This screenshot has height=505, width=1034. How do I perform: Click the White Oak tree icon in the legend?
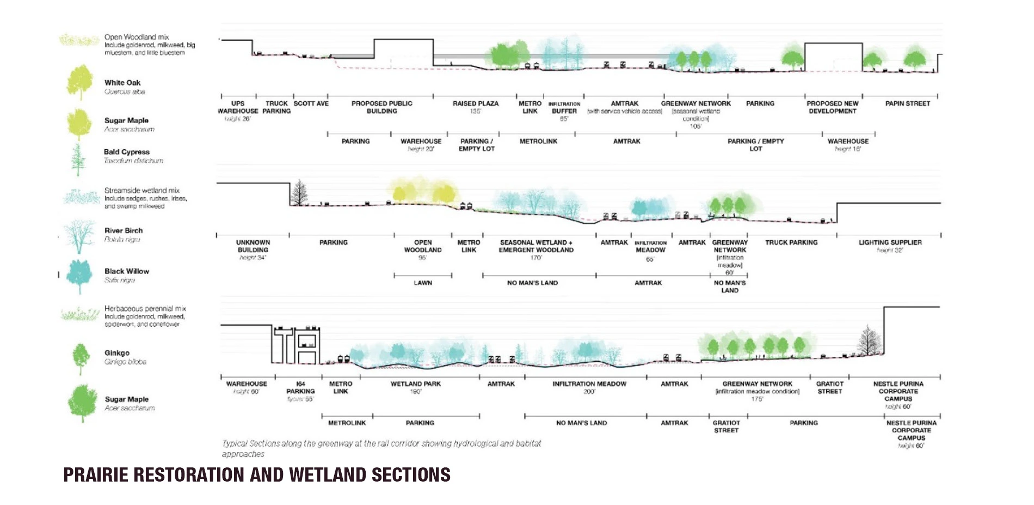click(79, 82)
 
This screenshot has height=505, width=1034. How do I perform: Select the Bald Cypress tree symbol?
click(78, 159)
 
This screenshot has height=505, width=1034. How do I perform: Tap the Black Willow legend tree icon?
click(79, 276)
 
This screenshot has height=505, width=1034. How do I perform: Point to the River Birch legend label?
click(124, 231)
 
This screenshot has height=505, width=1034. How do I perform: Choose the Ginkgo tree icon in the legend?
click(81, 358)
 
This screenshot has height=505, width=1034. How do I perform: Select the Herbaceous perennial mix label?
click(145, 309)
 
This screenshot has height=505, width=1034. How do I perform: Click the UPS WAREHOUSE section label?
click(238, 107)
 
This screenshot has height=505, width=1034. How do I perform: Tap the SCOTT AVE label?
click(311, 104)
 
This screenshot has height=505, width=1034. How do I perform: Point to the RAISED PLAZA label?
click(476, 104)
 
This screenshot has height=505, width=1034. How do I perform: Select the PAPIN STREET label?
click(907, 104)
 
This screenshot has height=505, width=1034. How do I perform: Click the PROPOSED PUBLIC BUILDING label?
click(382, 107)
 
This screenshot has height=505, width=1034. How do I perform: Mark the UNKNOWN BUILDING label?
click(253, 246)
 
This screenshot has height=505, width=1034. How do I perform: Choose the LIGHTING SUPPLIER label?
click(890, 242)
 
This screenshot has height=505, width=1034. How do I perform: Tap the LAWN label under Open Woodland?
click(423, 283)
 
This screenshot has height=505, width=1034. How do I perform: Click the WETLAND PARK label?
click(416, 384)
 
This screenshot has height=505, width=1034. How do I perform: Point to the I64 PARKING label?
click(300, 388)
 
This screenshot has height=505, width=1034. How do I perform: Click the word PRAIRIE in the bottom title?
click(96, 475)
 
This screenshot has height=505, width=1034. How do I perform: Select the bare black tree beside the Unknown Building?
click(299, 193)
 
